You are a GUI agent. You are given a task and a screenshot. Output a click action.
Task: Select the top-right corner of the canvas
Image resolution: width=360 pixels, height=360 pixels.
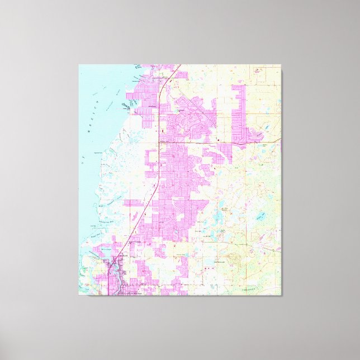click(281, 65)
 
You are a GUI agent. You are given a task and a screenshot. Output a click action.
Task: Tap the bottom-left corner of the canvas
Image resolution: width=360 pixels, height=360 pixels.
click(79, 295)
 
